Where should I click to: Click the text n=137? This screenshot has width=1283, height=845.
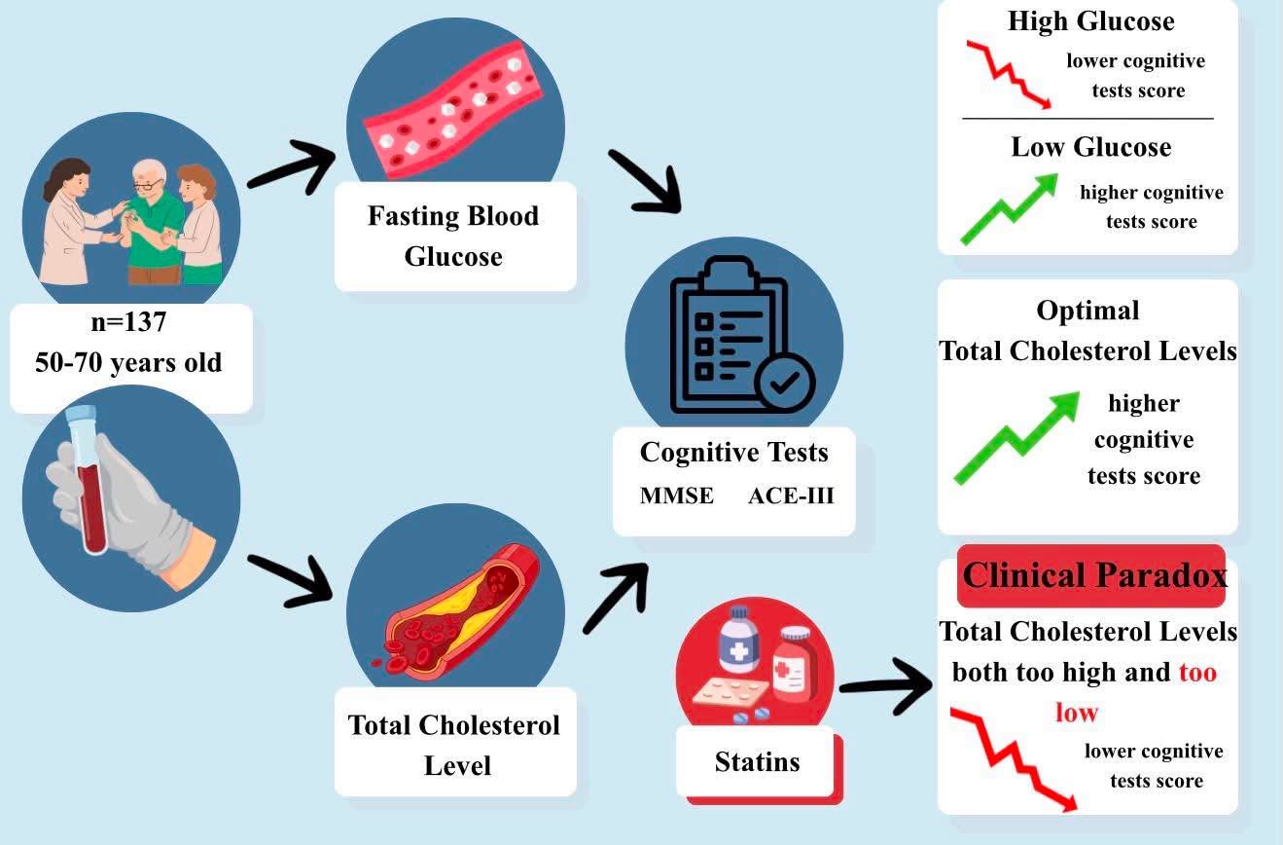point(128,322)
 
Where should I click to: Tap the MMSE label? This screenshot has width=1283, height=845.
point(676,496)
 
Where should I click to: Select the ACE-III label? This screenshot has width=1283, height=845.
point(791,496)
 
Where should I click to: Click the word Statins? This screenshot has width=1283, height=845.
point(757,762)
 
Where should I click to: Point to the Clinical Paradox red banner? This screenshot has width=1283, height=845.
point(1091,575)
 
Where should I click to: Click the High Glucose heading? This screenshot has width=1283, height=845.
point(1091,21)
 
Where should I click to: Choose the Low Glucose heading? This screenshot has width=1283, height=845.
point(1091,147)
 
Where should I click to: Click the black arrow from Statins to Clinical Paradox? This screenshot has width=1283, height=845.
point(886,686)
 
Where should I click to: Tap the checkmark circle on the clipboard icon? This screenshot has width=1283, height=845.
point(785,383)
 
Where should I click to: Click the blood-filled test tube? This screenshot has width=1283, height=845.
point(88,479)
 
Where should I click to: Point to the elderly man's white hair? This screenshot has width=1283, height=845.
point(150,170)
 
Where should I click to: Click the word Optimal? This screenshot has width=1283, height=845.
point(1087,311)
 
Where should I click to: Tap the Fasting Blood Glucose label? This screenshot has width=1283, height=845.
point(453,237)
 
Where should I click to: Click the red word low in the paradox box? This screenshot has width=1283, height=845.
point(1077,713)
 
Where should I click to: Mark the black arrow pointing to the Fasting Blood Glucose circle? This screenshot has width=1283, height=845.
point(292,166)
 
